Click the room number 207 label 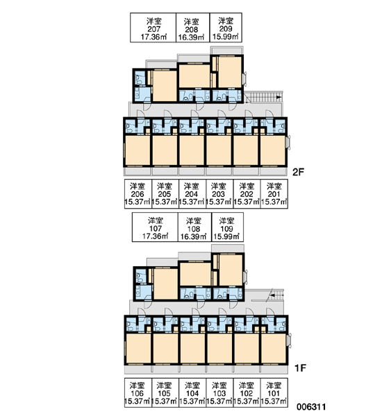pyautogui.click(x=154, y=29)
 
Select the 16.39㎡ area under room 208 pyautogui.click(x=191, y=37)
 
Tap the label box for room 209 pyautogui.click(x=226, y=28)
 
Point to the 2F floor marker pyautogui.click(x=298, y=172)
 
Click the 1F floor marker pyautogui.click(x=300, y=368)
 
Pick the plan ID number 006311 pyautogui.click(x=311, y=407)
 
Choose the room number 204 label pyautogui.click(x=192, y=194)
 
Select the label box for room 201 pyautogui.click(x=274, y=193)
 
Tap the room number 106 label pyautogui.click(x=137, y=393)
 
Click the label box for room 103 pyautogui.click(x=219, y=392)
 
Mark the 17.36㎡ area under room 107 pyautogui.click(x=156, y=236)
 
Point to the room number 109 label pyautogui.click(x=226, y=228)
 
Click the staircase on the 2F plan pyautogui.click(x=263, y=97)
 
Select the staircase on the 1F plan pyautogui.click(x=276, y=295)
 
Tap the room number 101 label pyautogui.click(x=274, y=393)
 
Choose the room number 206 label pyautogui.click(x=138, y=194)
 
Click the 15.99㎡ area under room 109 pyautogui.click(x=226, y=236)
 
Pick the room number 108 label pyautogui.click(x=194, y=229)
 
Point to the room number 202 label pyautogui.click(x=247, y=194)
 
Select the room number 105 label pyautogui.click(x=164, y=393)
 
